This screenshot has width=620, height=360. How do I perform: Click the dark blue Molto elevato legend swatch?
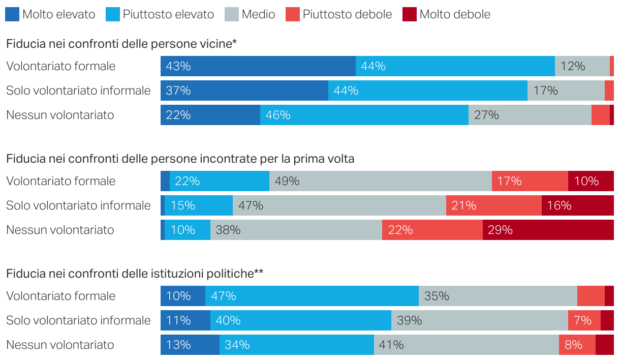tap(12, 14)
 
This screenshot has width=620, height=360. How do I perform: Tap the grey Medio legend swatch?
tap(231, 14)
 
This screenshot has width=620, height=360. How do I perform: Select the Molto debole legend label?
tap(455, 14)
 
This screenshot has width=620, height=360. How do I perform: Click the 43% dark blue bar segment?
tap(258, 66)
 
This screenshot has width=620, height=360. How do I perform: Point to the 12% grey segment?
tap(582, 66)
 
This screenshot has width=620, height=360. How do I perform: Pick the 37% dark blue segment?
tap(244, 91)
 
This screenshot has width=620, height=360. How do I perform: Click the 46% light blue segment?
tap(364, 115)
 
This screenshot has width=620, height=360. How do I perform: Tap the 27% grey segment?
tap(530, 115)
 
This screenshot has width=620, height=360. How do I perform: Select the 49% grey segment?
tap(380, 181)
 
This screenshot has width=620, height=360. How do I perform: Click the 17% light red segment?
tap(530, 181)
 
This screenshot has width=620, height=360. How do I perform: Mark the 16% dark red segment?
tap(577, 205)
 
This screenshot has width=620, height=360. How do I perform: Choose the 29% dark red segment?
tap(548, 230)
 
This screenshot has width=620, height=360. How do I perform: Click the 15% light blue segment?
tap(199, 205)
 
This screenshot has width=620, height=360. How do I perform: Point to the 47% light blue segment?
tap(312, 296)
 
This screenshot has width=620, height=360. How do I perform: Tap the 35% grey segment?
tap(498, 296)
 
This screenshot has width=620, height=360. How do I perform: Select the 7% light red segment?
tap(584, 320)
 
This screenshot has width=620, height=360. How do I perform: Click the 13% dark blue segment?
tap(190, 345)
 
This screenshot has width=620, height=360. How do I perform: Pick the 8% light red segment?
tap(577, 345)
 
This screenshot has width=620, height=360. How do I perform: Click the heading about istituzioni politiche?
tap(135, 274)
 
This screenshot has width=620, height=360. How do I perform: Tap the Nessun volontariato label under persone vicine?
tap(60, 115)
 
